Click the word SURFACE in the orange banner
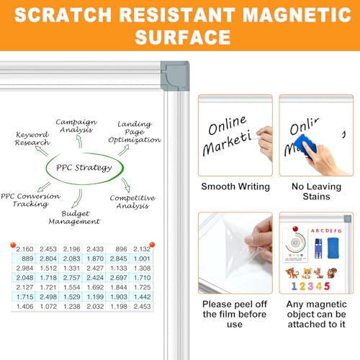click(183, 37)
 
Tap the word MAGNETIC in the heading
click(297, 14)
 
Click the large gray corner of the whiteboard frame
click(175, 76)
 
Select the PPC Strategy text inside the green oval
click(84, 168)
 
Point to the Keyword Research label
click(32, 138)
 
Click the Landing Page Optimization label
click(135, 132)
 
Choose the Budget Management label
click(74, 217)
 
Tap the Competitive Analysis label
click(132, 202)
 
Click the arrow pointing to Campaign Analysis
click(79, 142)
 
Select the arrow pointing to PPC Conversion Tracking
click(44, 187)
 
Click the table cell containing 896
click(118, 249)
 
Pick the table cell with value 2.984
click(24, 268)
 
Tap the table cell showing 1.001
click(141, 258)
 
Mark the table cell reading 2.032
click(94, 307)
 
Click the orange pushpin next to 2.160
click(13, 245)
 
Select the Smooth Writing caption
click(235, 186)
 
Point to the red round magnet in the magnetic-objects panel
click(295, 229)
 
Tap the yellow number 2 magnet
click(302, 286)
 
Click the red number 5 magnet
click(327, 286)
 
